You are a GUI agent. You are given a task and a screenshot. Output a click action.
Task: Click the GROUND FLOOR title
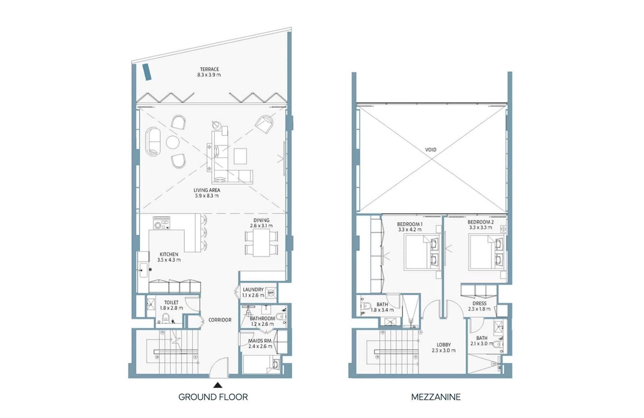point(213,397)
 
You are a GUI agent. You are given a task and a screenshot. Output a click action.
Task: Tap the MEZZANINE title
point(436,397)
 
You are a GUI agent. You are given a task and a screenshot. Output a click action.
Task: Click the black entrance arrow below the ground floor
point(217,385)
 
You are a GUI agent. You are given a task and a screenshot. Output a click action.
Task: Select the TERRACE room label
point(209,69)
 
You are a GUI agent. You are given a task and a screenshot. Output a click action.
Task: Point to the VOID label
point(431,150)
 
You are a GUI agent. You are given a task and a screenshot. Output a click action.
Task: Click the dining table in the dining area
point(261,242)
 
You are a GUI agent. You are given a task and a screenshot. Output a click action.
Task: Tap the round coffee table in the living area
point(173,142)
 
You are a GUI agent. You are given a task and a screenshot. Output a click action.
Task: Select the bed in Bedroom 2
point(486,252)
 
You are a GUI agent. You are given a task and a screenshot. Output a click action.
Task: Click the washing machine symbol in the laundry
point(271,292)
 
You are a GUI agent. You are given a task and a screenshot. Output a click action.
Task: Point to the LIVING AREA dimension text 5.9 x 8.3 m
point(207,196)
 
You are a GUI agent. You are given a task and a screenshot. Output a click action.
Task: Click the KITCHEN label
point(169,254)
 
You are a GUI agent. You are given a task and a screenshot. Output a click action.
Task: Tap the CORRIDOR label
point(220,320)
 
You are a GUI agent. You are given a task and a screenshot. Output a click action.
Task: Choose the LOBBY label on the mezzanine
point(444,345)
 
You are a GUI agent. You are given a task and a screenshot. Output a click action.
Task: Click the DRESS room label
point(479,303)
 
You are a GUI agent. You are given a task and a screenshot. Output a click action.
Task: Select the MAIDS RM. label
point(260,341)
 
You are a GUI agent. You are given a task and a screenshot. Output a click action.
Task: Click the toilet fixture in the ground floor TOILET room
point(166,318)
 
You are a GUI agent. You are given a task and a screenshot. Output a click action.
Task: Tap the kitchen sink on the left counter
point(144,269)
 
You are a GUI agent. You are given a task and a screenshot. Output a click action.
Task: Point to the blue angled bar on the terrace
point(147,72)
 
